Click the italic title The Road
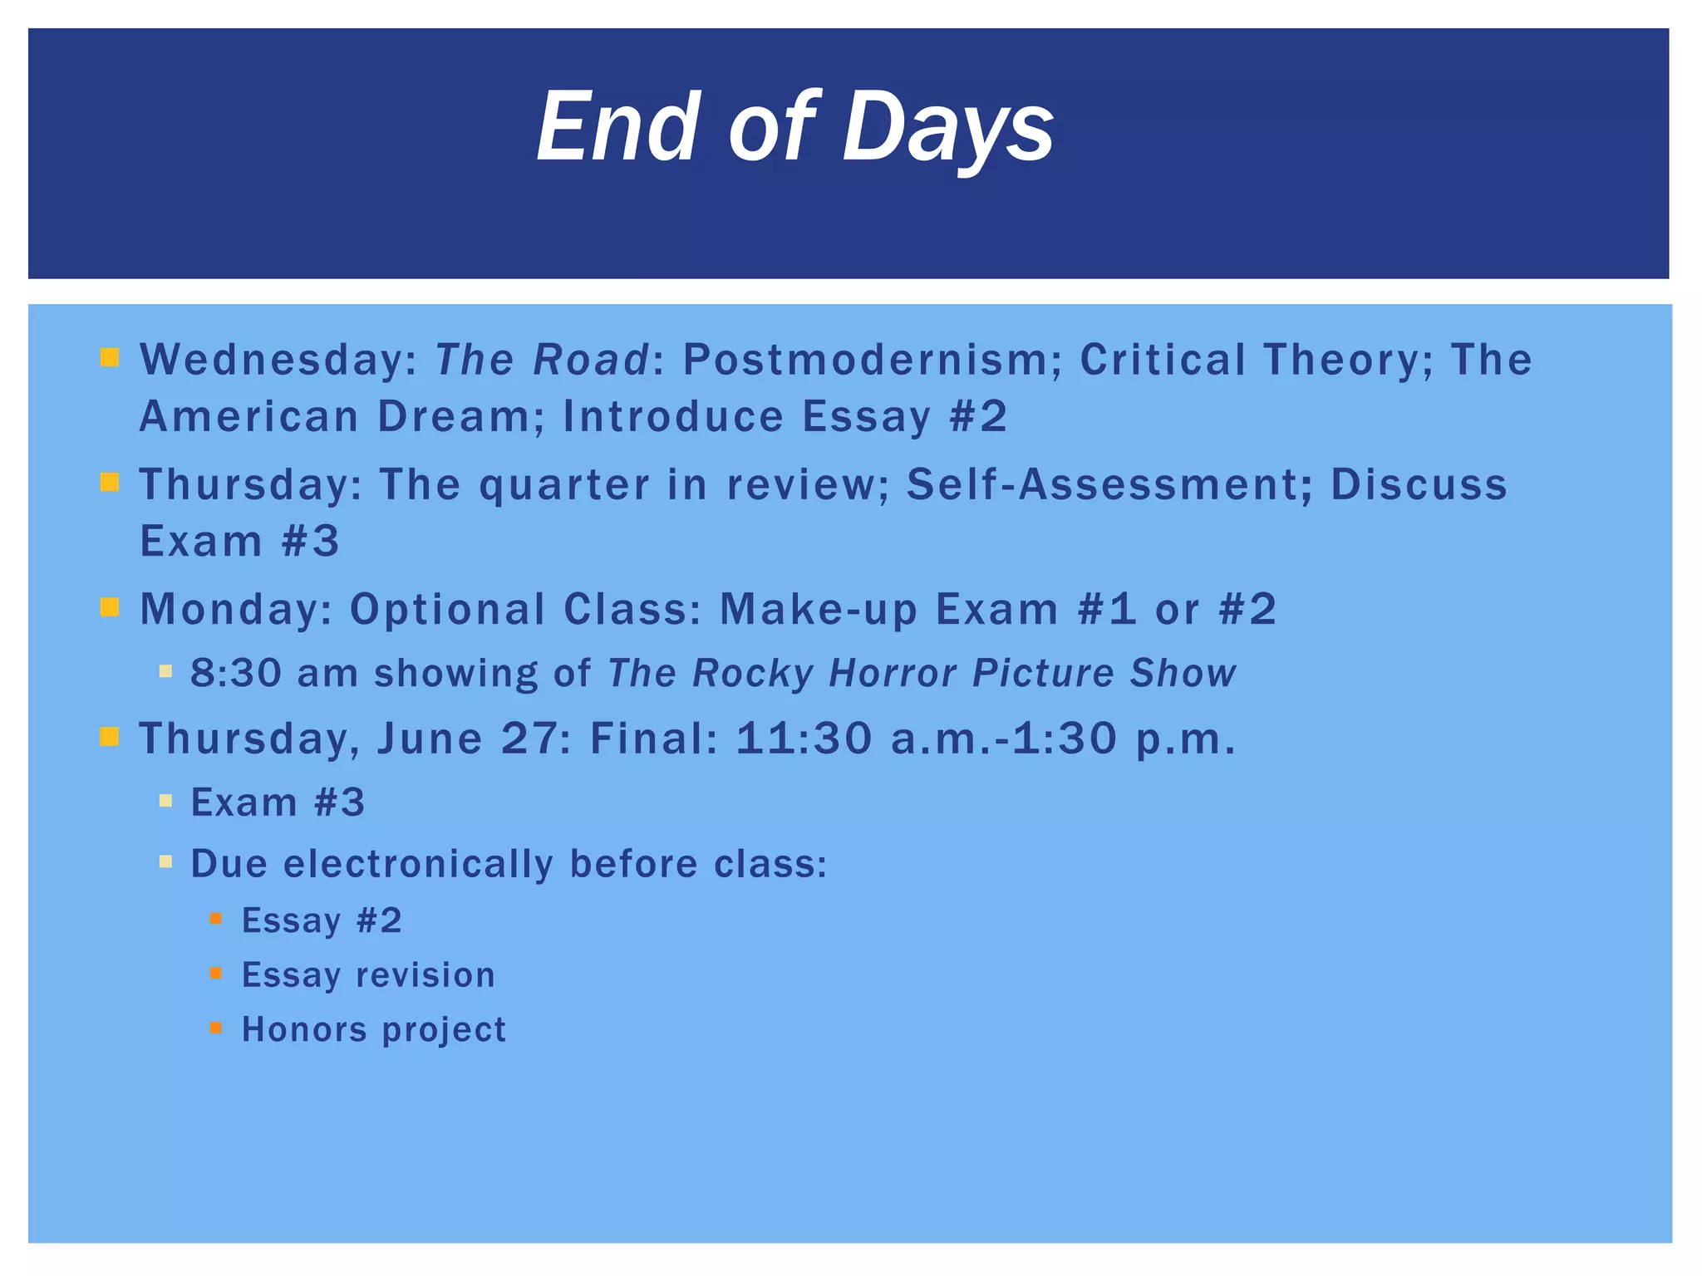542,361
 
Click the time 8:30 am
274,673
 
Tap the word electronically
418,864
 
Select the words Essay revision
368,975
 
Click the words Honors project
374,1030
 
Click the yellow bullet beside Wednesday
110,358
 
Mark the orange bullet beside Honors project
216,1028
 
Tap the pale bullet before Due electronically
165,861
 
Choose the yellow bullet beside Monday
110,607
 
